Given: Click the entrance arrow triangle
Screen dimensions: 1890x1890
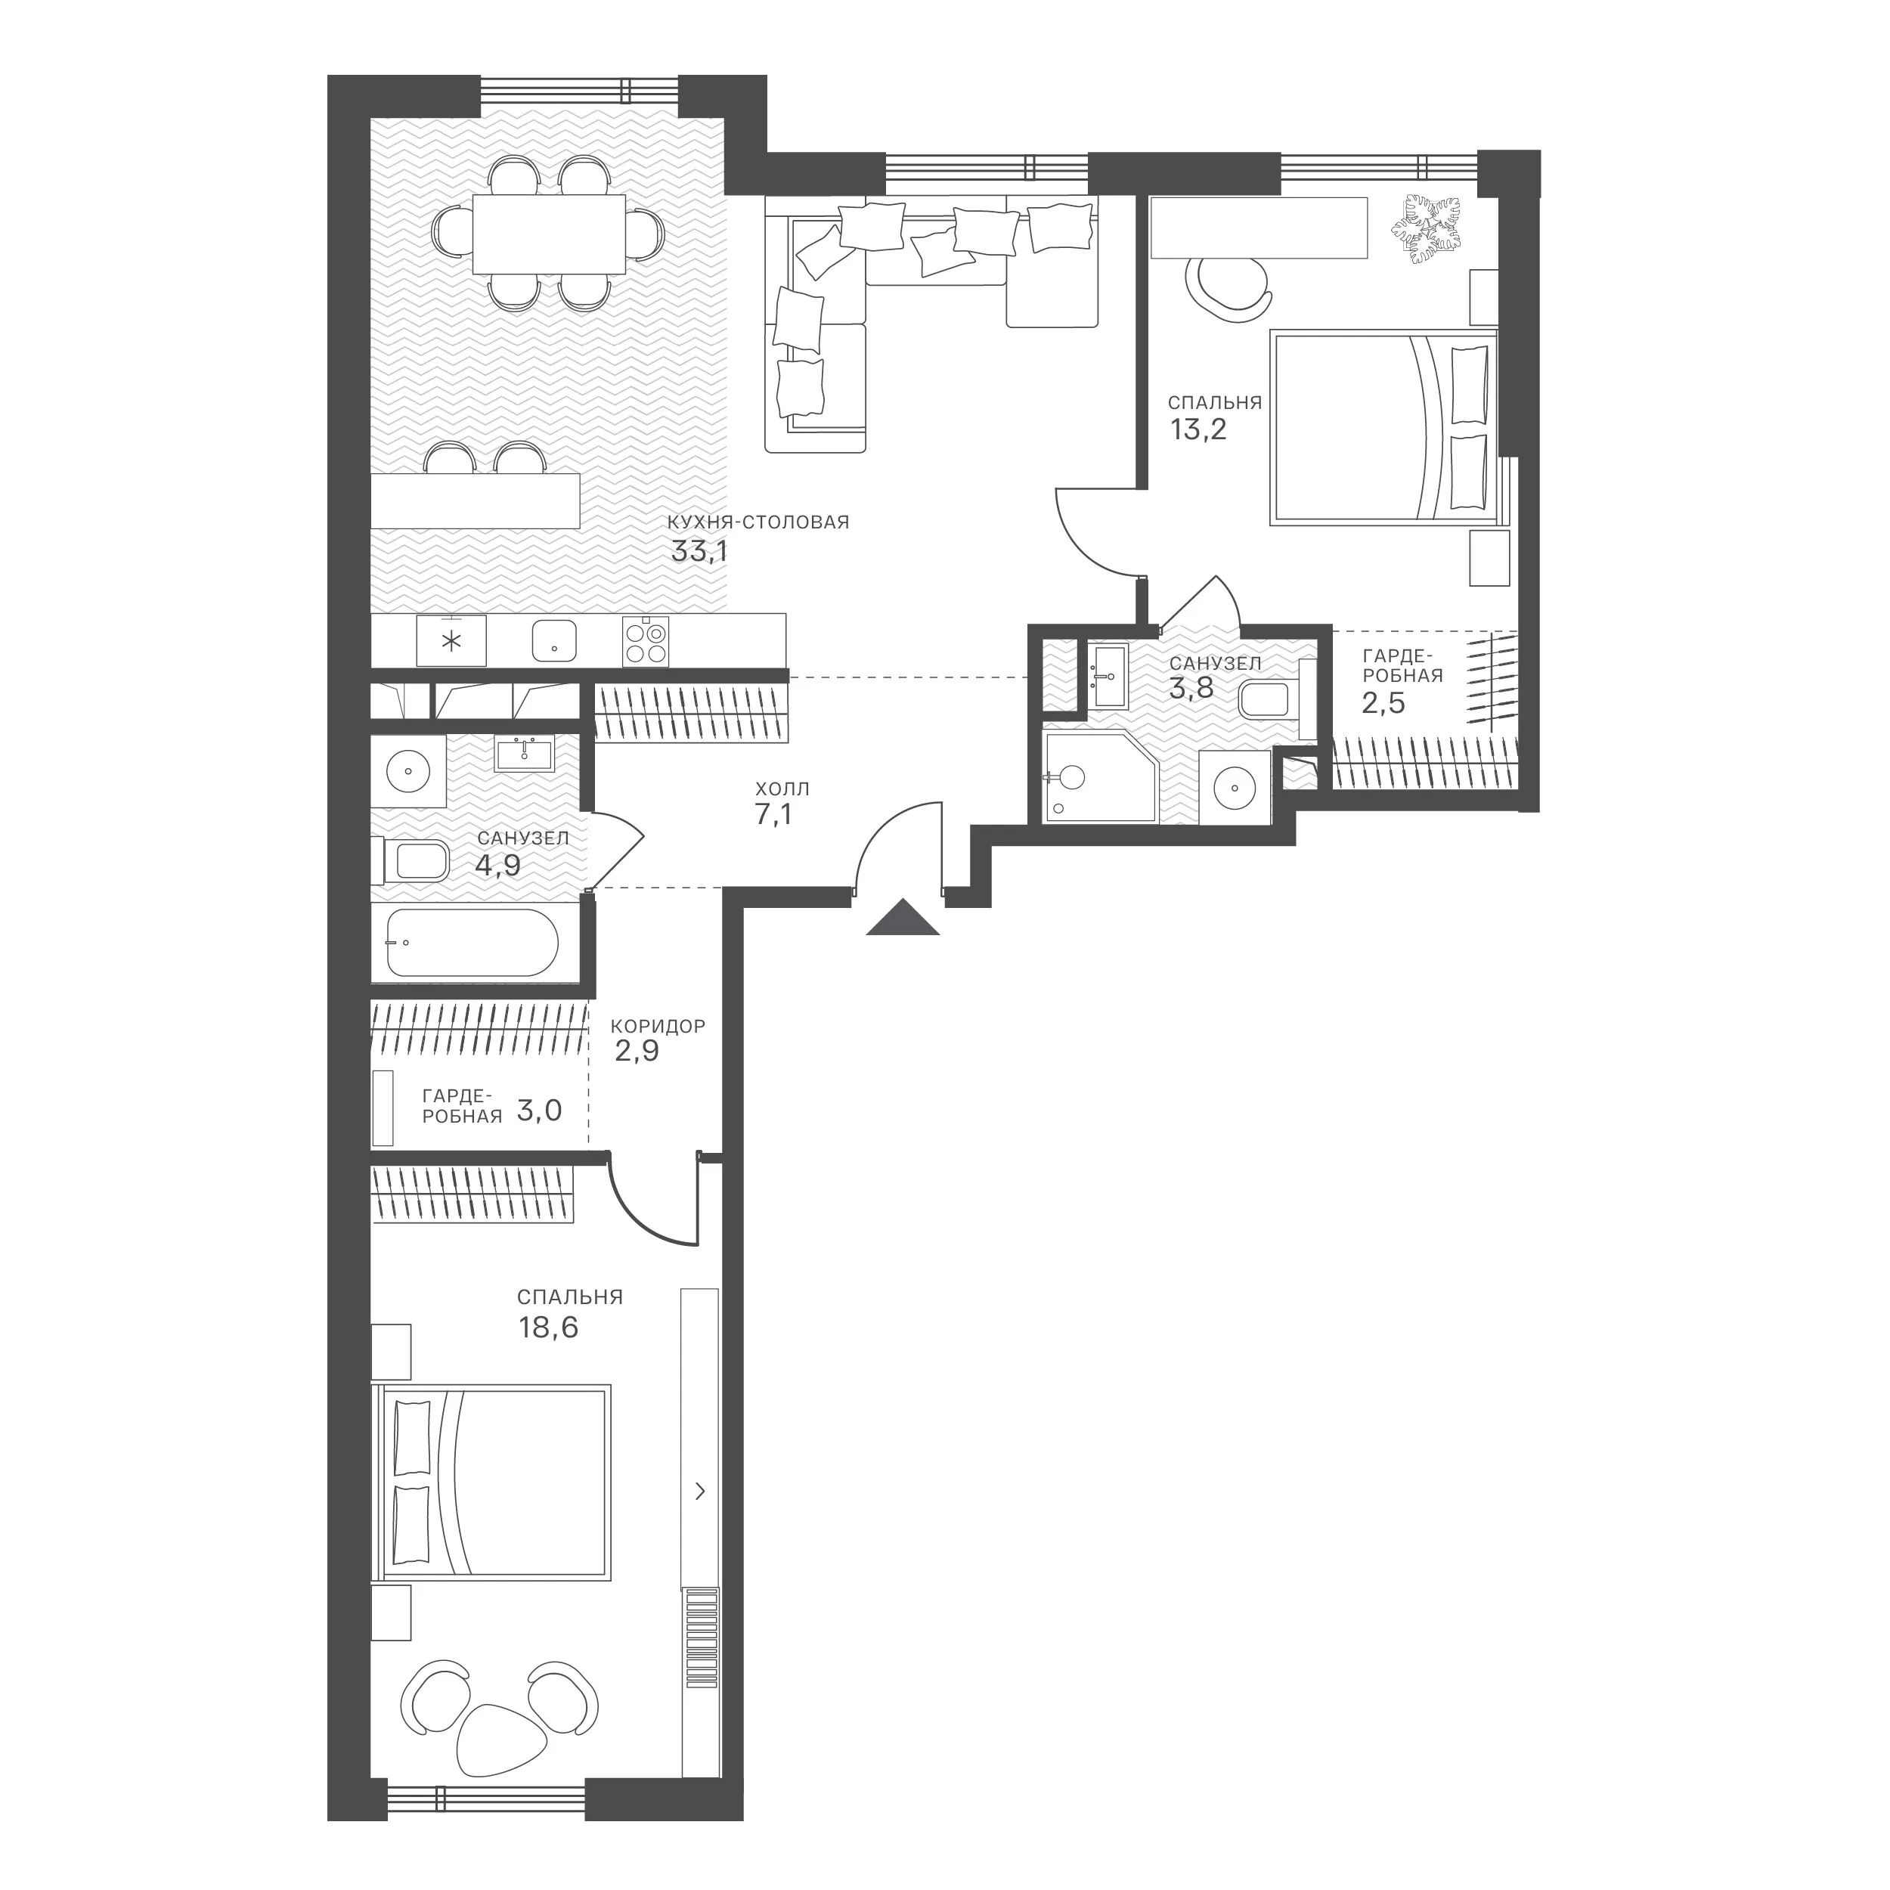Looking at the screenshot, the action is pos(902,919).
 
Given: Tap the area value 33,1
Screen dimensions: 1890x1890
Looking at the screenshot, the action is pos(699,552).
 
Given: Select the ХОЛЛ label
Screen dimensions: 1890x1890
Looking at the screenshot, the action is pos(782,789).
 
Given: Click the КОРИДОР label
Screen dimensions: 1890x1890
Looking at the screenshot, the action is pos(658,1026).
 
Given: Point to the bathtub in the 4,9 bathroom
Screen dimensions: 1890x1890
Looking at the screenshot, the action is pos(472,942).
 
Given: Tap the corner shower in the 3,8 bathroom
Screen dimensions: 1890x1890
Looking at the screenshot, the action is pos(1101,776).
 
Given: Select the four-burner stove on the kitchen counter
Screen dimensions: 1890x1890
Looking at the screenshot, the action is pos(646,641).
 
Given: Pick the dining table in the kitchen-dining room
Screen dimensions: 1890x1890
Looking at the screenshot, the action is pos(549,234).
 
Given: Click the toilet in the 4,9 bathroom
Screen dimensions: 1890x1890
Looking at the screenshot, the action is pos(410,861).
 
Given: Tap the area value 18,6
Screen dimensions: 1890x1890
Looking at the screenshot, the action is pos(548,1328).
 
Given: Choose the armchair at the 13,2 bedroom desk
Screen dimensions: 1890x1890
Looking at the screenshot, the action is pos(1228,286).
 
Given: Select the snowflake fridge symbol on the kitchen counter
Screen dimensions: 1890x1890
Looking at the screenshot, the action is pos(451,642).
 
